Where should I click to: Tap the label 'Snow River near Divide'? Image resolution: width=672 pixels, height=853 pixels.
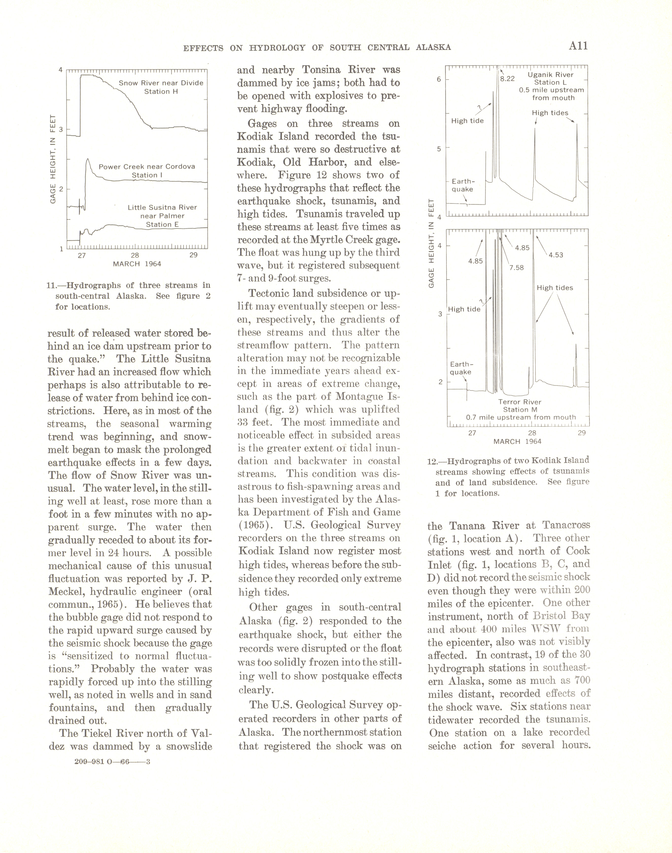pyautogui.click(x=161, y=83)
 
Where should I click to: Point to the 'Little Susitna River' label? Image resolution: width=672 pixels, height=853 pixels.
pyautogui.click(x=162, y=207)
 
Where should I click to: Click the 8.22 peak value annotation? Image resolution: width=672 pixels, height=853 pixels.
pyautogui.click(x=507, y=79)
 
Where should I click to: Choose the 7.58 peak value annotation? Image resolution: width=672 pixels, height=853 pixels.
pyautogui.click(x=516, y=268)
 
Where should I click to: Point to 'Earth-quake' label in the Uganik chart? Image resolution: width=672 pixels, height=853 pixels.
pyautogui.click(x=463, y=185)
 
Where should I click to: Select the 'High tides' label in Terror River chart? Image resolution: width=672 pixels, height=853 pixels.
pyautogui.click(x=555, y=288)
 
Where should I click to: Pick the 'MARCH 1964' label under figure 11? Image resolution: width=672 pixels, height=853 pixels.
pyautogui.click(x=137, y=264)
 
